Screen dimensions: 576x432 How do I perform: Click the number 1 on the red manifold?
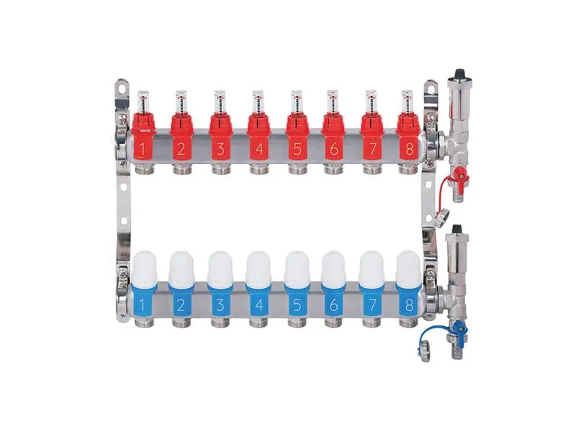coord(143,150)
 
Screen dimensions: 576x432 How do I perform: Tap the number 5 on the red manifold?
coord(297,149)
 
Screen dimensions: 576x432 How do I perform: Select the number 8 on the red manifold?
coord(409,149)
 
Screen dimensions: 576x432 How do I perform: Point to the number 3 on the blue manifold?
coord(220,305)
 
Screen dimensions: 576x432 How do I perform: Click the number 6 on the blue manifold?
coord(334,305)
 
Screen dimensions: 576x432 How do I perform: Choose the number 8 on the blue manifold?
coord(409,305)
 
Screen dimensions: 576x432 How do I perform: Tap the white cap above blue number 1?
coord(145,267)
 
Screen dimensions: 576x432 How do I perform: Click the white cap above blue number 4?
coord(258,267)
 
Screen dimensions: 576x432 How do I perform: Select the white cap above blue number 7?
coord(372,267)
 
